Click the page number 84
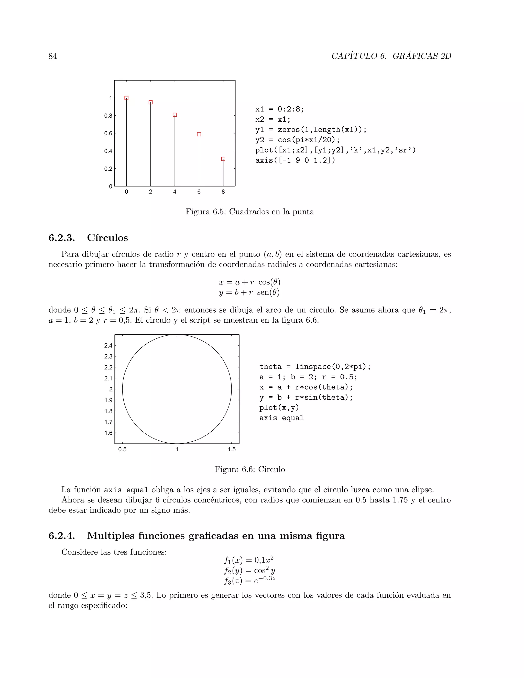coord(53,56)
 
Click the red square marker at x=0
coord(126,98)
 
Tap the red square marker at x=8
coord(223,159)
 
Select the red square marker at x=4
coord(175,115)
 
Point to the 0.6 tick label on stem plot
coord(108,134)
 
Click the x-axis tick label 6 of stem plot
coord(199,192)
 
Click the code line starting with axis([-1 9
coord(295,160)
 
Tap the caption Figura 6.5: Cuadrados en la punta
coord(249,212)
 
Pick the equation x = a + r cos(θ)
coord(249,282)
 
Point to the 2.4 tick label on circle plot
coord(108,345)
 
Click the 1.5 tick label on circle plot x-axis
coord(232,449)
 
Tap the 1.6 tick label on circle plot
coord(108,433)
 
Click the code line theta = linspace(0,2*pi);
coord(315,367)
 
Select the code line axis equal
coord(281,418)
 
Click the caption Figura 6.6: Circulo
coord(249,469)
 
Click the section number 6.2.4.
coord(62,536)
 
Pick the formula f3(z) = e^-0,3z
coord(249,581)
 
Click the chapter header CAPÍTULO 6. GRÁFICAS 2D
coord(391,56)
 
